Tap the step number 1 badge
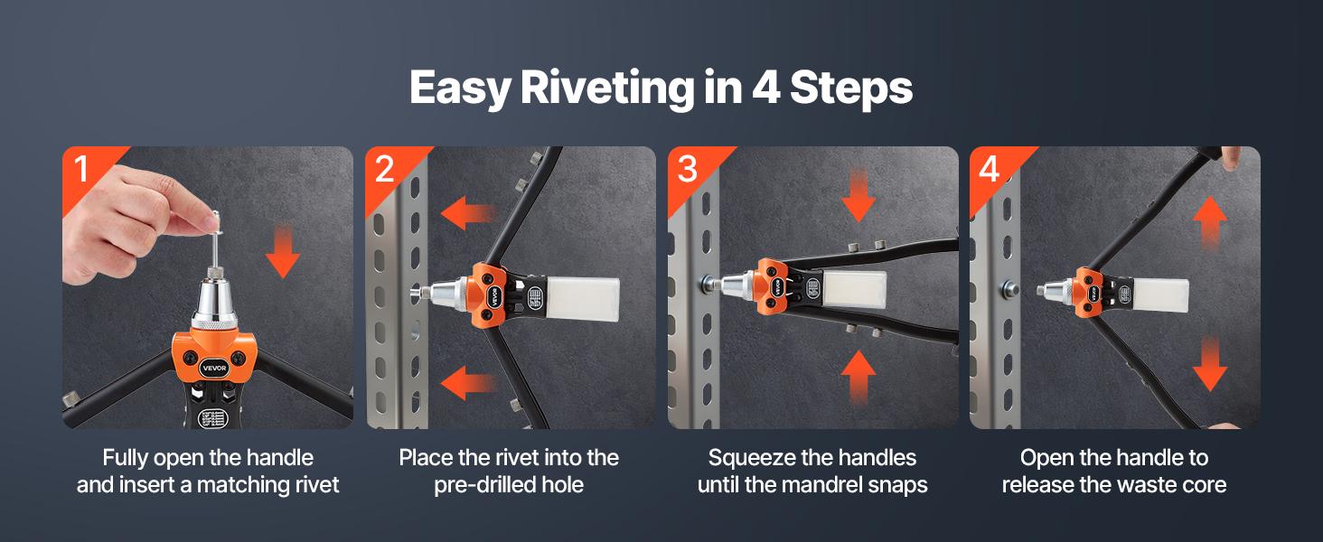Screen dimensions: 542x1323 click(x=82, y=168)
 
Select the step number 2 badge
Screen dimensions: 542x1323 click(x=385, y=168)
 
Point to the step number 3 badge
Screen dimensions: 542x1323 click(x=687, y=168)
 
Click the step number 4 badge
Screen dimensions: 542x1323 click(x=990, y=168)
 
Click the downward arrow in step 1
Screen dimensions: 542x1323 click(x=283, y=252)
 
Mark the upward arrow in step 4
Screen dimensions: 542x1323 click(x=1209, y=220)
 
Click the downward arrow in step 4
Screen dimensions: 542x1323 click(x=1209, y=365)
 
